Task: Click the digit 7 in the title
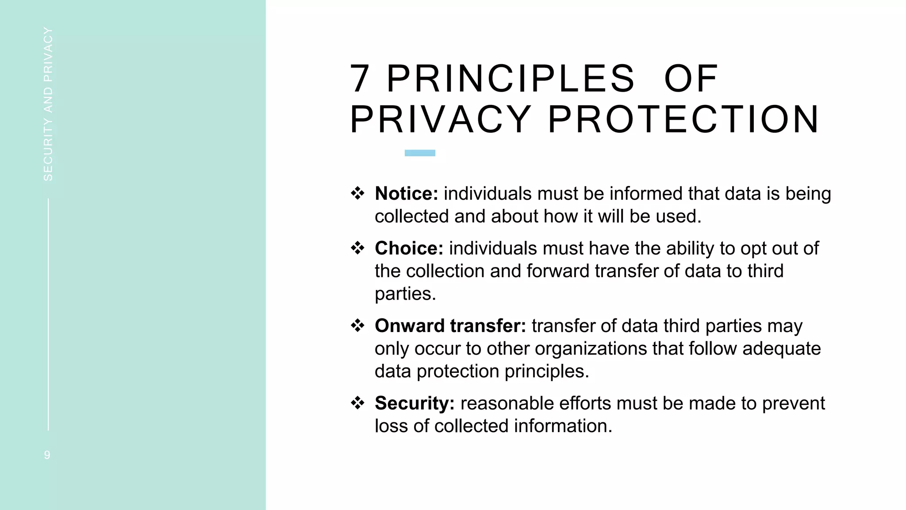(x=360, y=79)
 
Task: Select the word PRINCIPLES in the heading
(x=511, y=79)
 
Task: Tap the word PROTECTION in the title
(x=684, y=120)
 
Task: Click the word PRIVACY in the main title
(x=441, y=120)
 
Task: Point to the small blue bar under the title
(x=420, y=153)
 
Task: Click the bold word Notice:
(x=406, y=194)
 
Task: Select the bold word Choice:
(x=409, y=248)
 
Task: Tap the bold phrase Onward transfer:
(x=450, y=326)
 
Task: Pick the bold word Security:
(x=415, y=403)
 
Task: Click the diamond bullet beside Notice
(x=357, y=193)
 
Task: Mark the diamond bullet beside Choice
(x=357, y=248)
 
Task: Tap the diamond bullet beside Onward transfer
(x=357, y=325)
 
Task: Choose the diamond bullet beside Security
(x=357, y=403)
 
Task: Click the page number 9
(x=47, y=455)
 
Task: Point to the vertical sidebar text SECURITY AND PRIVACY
(x=48, y=104)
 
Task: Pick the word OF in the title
(x=691, y=79)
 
